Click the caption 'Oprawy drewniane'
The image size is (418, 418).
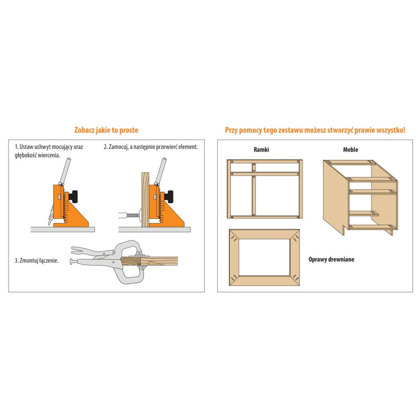[x=331, y=259]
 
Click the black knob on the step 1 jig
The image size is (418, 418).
[x=77, y=196]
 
